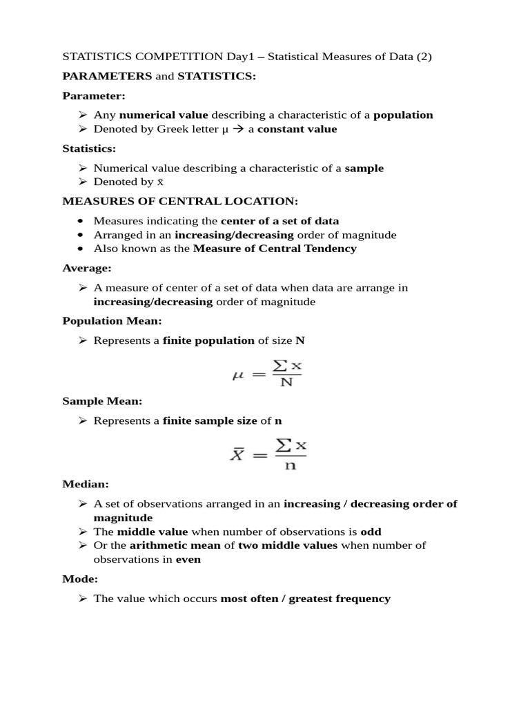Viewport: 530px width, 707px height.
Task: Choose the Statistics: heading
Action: coord(89,148)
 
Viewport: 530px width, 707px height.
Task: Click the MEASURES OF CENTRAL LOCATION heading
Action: coord(180,201)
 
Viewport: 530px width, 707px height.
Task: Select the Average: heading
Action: coord(86,268)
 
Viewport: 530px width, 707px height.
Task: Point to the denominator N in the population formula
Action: coord(287,382)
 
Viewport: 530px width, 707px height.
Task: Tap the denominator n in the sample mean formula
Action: coord(290,465)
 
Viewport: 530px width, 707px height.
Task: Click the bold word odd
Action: coord(371,532)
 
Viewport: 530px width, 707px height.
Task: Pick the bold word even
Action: coord(188,559)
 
